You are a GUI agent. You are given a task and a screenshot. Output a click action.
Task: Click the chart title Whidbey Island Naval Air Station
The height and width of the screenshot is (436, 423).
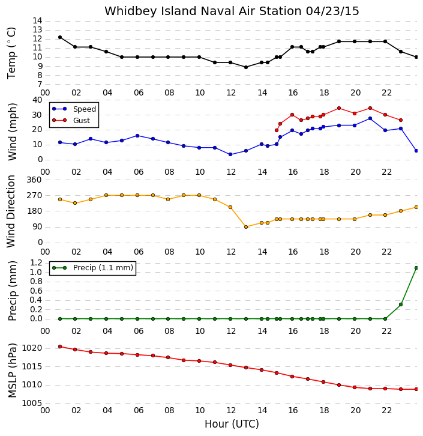point(203,11)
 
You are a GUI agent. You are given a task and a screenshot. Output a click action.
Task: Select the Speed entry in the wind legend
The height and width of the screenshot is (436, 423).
point(74,109)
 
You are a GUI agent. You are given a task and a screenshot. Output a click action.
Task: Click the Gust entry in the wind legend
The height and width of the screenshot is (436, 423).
point(71,120)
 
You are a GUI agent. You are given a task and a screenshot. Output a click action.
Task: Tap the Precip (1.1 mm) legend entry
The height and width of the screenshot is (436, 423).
point(93,268)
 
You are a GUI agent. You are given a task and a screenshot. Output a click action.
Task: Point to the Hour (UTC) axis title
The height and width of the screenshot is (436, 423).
point(232,424)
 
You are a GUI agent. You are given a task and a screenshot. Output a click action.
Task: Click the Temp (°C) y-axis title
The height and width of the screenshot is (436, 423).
point(11,53)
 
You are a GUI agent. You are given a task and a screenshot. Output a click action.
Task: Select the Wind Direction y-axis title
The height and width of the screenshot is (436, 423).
point(11,211)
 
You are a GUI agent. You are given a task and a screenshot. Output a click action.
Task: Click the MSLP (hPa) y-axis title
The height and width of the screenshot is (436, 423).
point(13,371)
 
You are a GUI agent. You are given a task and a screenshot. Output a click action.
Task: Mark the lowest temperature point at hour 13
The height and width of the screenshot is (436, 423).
point(246,67)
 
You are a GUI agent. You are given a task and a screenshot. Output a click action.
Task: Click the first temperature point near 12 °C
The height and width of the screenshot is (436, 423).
point(60,37)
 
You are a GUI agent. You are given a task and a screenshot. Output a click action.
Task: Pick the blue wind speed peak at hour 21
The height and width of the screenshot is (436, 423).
point(370,118)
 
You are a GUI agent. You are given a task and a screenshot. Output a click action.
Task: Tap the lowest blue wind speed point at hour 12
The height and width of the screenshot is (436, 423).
point(230,154)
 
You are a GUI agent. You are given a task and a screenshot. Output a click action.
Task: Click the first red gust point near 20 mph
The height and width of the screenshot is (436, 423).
point(277,130)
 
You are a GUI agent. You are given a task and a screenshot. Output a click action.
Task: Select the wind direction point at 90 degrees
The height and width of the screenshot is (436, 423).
point(246,227)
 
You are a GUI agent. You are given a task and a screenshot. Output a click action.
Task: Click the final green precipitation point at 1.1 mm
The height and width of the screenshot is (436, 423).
point(416,268)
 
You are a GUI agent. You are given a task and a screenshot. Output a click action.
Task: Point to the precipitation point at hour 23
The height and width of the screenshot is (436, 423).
point(401,304)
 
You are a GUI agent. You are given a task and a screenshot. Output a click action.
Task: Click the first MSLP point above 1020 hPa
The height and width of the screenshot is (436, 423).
point(60,347)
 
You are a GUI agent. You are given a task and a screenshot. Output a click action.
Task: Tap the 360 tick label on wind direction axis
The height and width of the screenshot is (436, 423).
point(34,180)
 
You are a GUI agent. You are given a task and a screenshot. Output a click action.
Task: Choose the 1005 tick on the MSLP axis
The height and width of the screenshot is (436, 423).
point(32,403)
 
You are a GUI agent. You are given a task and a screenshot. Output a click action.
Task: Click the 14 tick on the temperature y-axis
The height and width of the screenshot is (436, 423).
point(37,21)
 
